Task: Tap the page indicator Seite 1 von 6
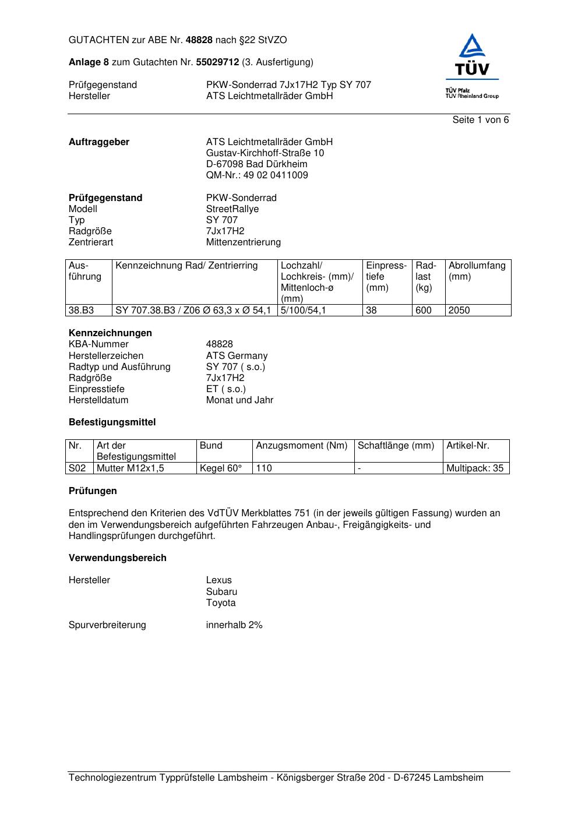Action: click(x=480, y=120)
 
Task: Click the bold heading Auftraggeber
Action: click(x=99, y=142)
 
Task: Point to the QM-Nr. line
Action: click(x=257, y=175)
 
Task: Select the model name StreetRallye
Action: click(x=232, y=209)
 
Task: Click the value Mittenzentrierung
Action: click(x=243, y=242)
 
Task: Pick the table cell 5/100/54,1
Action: click(x=303, y=311)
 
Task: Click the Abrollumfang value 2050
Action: click(x=459, y=311)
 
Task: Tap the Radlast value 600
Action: click(x=424, y=311)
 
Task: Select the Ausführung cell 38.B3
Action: click(x=82, y=311)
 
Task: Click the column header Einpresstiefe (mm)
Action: click(x=386, y=277)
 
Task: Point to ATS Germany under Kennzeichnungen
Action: click(x=237, y=356)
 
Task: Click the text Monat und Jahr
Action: click(x=239, y=400)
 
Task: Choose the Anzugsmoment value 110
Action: click(x=264, y=468)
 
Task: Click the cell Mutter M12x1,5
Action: click(x=131, y=468)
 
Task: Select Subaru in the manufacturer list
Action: click(x=221, y=592)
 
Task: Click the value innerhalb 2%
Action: click(x=234, y=625)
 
